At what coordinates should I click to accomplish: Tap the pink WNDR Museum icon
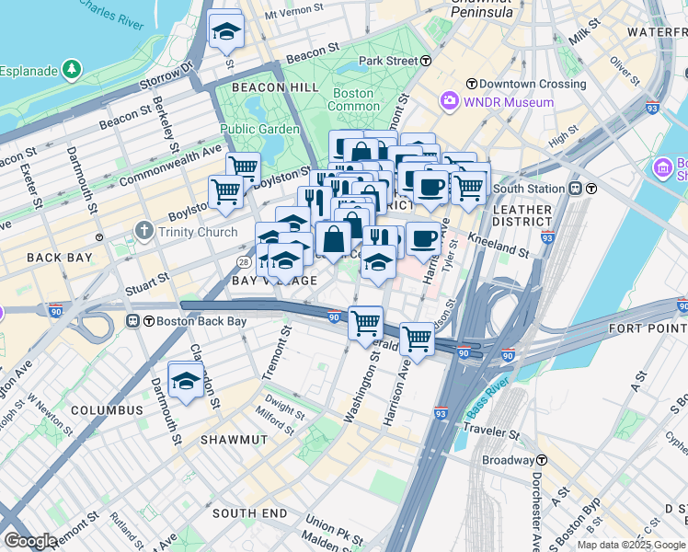coord(450,101)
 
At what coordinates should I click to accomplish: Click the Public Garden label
coord(259,130)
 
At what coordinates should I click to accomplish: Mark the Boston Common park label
coord(353,99)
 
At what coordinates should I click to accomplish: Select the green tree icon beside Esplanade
coord(71,71)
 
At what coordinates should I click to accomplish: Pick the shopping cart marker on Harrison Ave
coord(417,339)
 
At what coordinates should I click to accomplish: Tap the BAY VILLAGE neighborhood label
coord(274,281)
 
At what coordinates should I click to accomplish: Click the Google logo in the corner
coord(31,540)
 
